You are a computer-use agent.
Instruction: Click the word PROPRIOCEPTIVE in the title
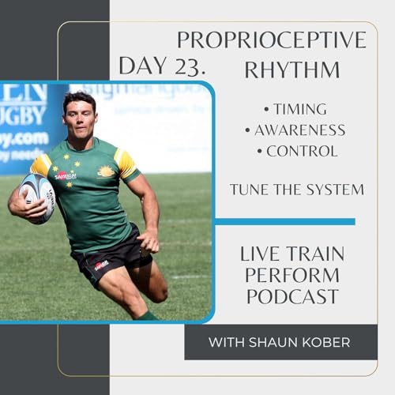(271, 40)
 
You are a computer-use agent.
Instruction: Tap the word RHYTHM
(293, 70)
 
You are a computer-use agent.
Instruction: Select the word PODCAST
(292, 296)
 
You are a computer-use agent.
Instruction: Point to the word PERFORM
(292, 276)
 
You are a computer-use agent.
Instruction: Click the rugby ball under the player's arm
(36, 197)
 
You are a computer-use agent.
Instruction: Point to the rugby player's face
(80, 119)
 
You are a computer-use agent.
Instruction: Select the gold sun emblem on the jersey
(107, 172)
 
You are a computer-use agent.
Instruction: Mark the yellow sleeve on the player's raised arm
(41, 166)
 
